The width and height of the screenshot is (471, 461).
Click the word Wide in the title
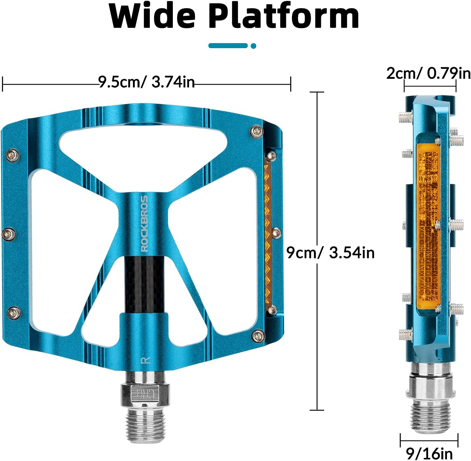152,16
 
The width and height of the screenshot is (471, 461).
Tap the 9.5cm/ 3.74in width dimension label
146,82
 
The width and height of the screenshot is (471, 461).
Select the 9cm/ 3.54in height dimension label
330,253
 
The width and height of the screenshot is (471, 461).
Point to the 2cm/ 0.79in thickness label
428,73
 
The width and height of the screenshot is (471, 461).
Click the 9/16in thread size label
429,453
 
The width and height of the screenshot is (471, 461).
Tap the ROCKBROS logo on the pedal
145,223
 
